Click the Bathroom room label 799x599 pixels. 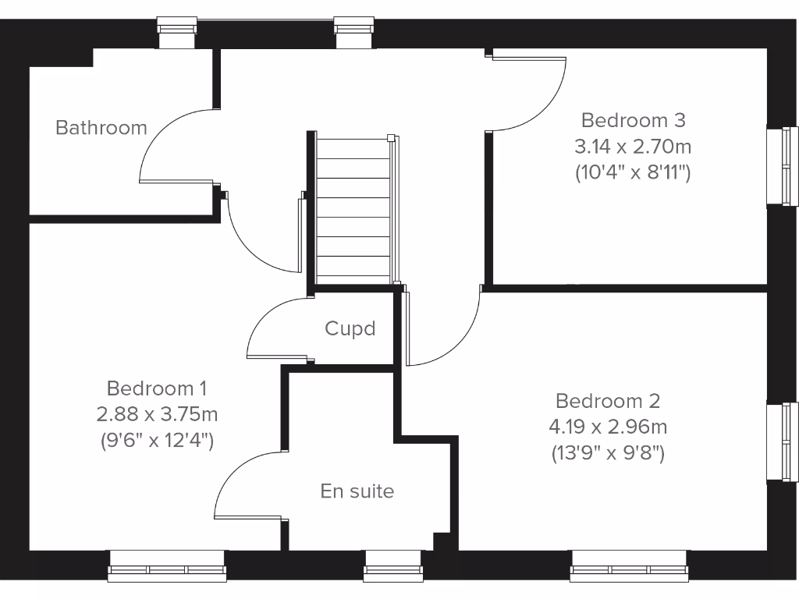pos(101,127)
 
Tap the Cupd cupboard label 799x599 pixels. pos(350,329)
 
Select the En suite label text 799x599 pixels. pos(357,491)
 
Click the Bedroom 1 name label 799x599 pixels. pos(157,388)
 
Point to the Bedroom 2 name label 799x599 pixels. pos(608,401)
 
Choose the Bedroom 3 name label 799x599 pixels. pos(633,120)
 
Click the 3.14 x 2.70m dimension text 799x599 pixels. pos(633,146)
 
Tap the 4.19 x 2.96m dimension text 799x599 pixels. pos(608,427)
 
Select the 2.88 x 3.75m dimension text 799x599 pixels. pos(157,413)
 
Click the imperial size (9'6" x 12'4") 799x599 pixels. pos(157,440)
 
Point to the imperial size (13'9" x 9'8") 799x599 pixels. pos(608,453)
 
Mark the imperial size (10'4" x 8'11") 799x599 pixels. pos(633,172)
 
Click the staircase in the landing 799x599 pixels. pos(355,211)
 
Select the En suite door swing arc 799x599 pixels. pos(234,476)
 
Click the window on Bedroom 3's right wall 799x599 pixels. pos(782,165)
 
